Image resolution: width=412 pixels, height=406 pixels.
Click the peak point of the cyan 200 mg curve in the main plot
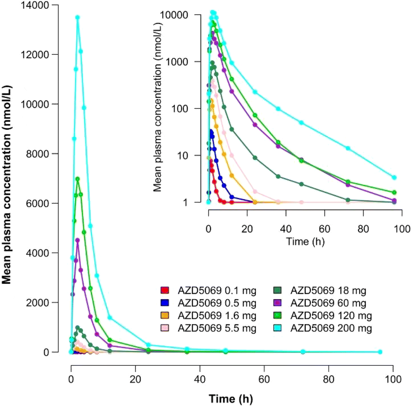coord(77,17)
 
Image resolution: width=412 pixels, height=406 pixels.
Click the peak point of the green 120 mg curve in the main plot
coord(77,179)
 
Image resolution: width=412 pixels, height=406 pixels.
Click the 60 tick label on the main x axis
coord(264,379)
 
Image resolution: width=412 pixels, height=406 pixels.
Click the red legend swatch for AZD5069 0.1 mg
coord(164,290)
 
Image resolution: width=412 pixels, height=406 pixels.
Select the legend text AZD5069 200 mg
coord(331,328)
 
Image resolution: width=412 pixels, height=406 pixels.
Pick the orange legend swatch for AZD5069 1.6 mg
coord(164,315)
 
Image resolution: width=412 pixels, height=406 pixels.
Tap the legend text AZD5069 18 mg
coord(328,290)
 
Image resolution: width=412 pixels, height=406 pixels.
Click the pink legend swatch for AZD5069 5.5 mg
coord(164,328)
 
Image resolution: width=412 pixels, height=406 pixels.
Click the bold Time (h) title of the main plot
coord(231,398)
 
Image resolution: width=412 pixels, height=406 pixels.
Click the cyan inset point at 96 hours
coord(394,177)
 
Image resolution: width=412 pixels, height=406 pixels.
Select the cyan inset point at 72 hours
coord(348,148)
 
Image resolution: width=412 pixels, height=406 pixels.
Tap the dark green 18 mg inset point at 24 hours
coord(255,158)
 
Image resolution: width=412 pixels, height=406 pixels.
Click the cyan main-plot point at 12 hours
coord(110,317)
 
